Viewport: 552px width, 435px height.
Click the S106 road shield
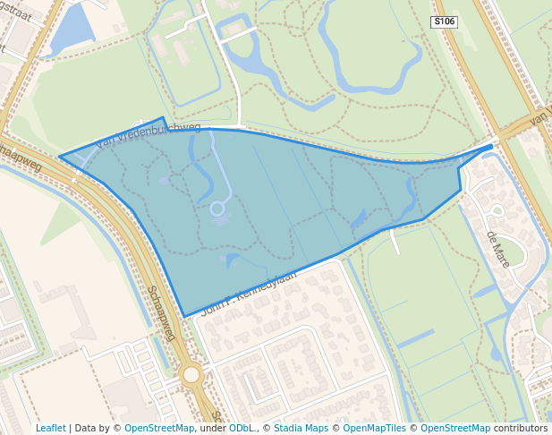[x=444, y=21]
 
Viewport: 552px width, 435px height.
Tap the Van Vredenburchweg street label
[x=149, y=134]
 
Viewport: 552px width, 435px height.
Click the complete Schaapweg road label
[x=161, y=312]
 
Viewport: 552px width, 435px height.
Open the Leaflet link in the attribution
[x=50, y=428]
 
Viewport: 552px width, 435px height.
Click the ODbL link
[x=241, y=428]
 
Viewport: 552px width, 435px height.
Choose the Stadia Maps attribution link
[x=300, y=428]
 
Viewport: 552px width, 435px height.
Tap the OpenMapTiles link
[x=375, y=428]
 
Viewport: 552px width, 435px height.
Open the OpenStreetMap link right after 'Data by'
[x=159, y=428]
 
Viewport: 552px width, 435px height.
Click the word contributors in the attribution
[x=522, y=428]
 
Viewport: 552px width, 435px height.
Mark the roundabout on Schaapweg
[x=191, y=374]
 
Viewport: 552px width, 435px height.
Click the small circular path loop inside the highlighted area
[x=217, y=209]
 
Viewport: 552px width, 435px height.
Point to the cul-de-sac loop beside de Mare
[x=497, y=211]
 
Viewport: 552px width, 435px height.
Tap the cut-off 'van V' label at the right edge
[x=540, y=117]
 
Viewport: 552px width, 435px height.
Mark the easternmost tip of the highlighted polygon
[x=492, y=145]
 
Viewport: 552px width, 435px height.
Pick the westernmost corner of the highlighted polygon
[x=60, y=158]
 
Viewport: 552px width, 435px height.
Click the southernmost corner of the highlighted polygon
[x=185, y=316]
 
